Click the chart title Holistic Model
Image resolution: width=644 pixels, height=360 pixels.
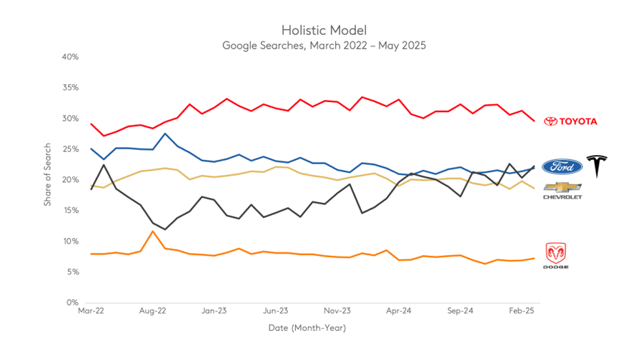(x=324, y=30)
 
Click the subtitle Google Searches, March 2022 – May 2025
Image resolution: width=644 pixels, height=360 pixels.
(x=324, y=45)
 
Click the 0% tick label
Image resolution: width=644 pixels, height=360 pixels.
(x=71, y=302)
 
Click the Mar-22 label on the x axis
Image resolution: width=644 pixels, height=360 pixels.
(x=91, y=311)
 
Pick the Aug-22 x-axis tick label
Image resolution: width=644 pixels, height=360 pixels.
(x=152, y=311)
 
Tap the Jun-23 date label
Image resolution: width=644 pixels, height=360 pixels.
(x=275, y=311)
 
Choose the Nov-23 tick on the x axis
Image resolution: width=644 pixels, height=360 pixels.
(x=337, y=311)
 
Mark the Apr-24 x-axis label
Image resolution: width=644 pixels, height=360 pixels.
(x=398, y=311)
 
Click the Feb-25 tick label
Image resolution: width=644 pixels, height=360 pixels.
(x=521, y=311)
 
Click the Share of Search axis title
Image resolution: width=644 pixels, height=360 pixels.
(x=47, y=179)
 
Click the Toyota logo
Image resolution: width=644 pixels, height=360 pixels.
(x=570, y=121)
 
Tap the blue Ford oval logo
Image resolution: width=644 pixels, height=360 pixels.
(x=562, y=166)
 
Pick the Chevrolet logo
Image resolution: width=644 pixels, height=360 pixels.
(x=563, y=190)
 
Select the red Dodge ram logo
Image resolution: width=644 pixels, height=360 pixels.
(x=557, y=256)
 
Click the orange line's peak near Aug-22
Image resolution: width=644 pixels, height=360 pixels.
(x=152, y=231)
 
